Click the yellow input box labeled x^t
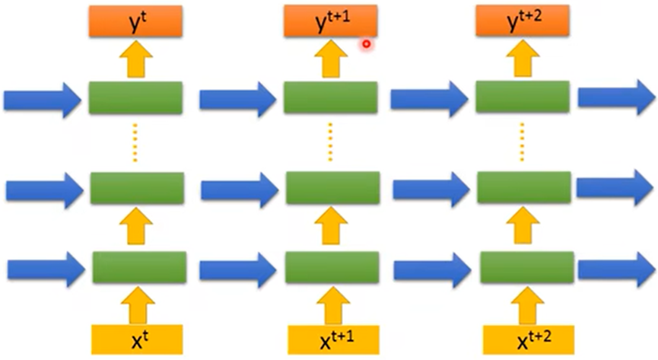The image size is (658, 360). point(137,339)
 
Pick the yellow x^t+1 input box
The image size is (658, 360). point(332,339)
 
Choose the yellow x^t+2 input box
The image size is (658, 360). point(523,339)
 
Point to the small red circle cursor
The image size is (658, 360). point(366,44)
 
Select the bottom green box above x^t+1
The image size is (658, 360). point(332,266)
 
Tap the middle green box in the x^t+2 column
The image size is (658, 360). point(523,187)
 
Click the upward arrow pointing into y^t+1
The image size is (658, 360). point(330,59)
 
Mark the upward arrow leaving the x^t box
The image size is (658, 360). point(137,304)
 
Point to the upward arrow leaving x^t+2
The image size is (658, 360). point(523,304)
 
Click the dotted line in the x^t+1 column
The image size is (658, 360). point(331,142)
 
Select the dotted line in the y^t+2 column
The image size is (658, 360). point(523,142)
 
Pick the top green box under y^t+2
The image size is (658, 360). point(522,97)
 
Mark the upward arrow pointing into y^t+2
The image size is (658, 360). point(522,59)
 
